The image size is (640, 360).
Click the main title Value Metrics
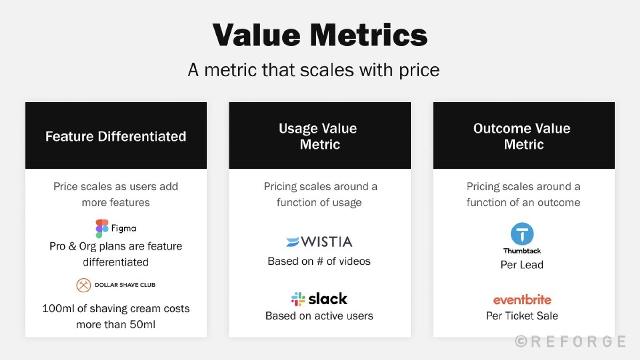(x=320, y=35)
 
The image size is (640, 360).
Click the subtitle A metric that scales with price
(x=314, y=70)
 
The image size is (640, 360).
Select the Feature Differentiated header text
(x=116, y=136)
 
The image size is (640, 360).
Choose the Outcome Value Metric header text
(x=522, y=136)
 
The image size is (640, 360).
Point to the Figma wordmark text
(x=124, y=228)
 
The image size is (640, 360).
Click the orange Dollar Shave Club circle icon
(x=84, y=285)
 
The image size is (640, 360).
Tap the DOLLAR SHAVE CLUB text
(x=125, y=285)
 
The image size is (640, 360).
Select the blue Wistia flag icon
(x=292, y=242)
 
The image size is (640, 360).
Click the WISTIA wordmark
(x=327, y=242)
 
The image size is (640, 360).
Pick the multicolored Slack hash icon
(x=298, y=299)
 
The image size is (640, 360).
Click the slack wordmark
(x=328, y=299)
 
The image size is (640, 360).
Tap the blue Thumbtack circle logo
(x=522, y=234)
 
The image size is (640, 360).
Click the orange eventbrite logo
(x=522, y=300)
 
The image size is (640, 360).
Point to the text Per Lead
(x=522, y=265)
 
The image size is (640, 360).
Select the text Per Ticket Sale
(x=522, y=316)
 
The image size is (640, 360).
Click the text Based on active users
(x=319, y=316)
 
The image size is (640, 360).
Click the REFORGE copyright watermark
(x=570, y=342)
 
